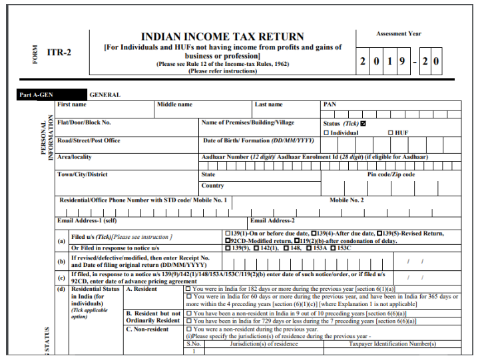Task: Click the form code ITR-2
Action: [59, 53]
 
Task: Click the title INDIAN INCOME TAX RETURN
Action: [222, 37]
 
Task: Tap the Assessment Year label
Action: [399, 34]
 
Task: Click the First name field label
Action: [72, 104]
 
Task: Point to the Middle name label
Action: [174, 104]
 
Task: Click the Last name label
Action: [268, 104]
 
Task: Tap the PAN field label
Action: [330, 104]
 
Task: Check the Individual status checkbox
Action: [326, 133]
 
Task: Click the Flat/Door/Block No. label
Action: [84, 122]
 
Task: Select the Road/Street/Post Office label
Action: [89, 140]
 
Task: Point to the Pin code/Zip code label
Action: [391, 174]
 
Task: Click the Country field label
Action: [212, 186]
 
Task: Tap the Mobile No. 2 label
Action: [347, 200]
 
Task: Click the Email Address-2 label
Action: [272, 220]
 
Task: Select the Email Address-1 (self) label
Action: [87, 220]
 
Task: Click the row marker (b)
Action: [62, 262]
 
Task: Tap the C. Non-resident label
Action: [147, 329]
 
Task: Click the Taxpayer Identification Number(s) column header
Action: [392, 344]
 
